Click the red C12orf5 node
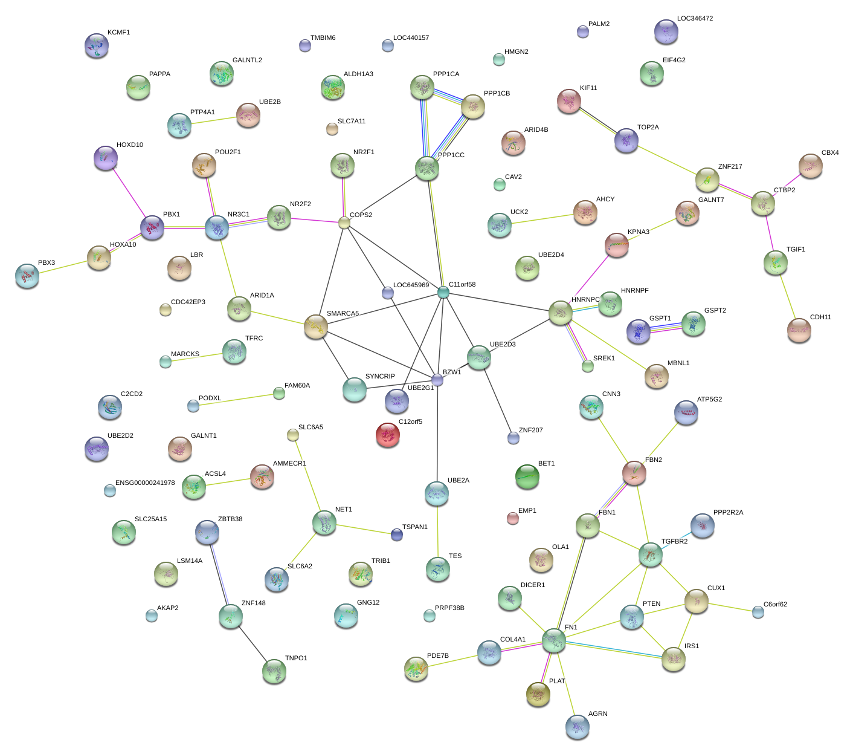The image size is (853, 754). [388, 434]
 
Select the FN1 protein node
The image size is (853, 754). [553, 640]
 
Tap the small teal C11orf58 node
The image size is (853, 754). [443, 293]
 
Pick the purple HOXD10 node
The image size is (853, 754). [106, 158]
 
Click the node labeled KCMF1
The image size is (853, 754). [97, 45]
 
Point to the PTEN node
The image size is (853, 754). [632, 617]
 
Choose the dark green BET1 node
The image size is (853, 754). [527, 476]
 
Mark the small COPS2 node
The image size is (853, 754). [344, 223]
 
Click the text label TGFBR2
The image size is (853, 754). [674, 542]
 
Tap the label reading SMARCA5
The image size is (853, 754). [343, 313]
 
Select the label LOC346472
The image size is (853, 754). [695, 19]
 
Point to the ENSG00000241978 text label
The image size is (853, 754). [145, 483]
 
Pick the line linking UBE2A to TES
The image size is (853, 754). [437, 532]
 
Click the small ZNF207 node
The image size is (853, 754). [513, 438]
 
